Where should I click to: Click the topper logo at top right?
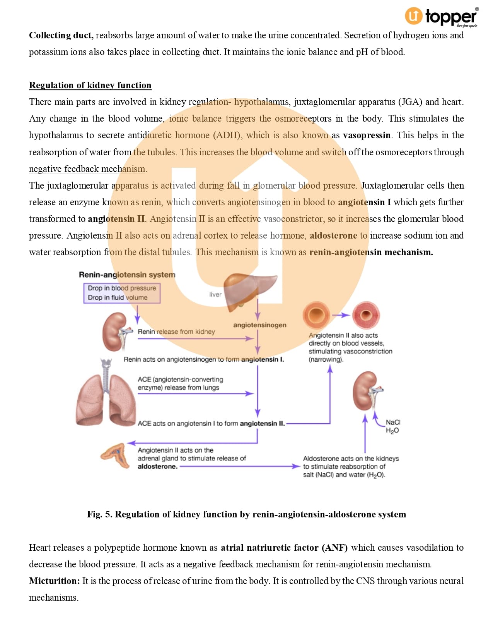click(x=441, y=17)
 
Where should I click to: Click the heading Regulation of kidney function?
click(x=90, y=85)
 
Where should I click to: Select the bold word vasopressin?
click(x=367, y=135)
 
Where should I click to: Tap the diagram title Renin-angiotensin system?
click(x=127, y=275)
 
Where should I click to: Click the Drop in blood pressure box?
click(x=122, y=293)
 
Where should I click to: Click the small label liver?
click(x=215, y=294)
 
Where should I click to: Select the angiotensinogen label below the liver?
click(x=259, y=325)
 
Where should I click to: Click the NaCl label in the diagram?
click(x=393, y=422)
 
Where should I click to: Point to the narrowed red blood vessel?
click(x=365, y=315)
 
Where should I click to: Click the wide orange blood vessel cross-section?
click(x=316, y=315)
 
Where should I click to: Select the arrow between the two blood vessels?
click(x=341, y=315)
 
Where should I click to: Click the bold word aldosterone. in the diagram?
click(x=157, y=466)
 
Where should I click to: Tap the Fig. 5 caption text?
click(x=246, y=514)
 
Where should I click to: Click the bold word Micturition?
click(x=55, y=581)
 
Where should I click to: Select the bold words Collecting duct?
click(x=61, y=35)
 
